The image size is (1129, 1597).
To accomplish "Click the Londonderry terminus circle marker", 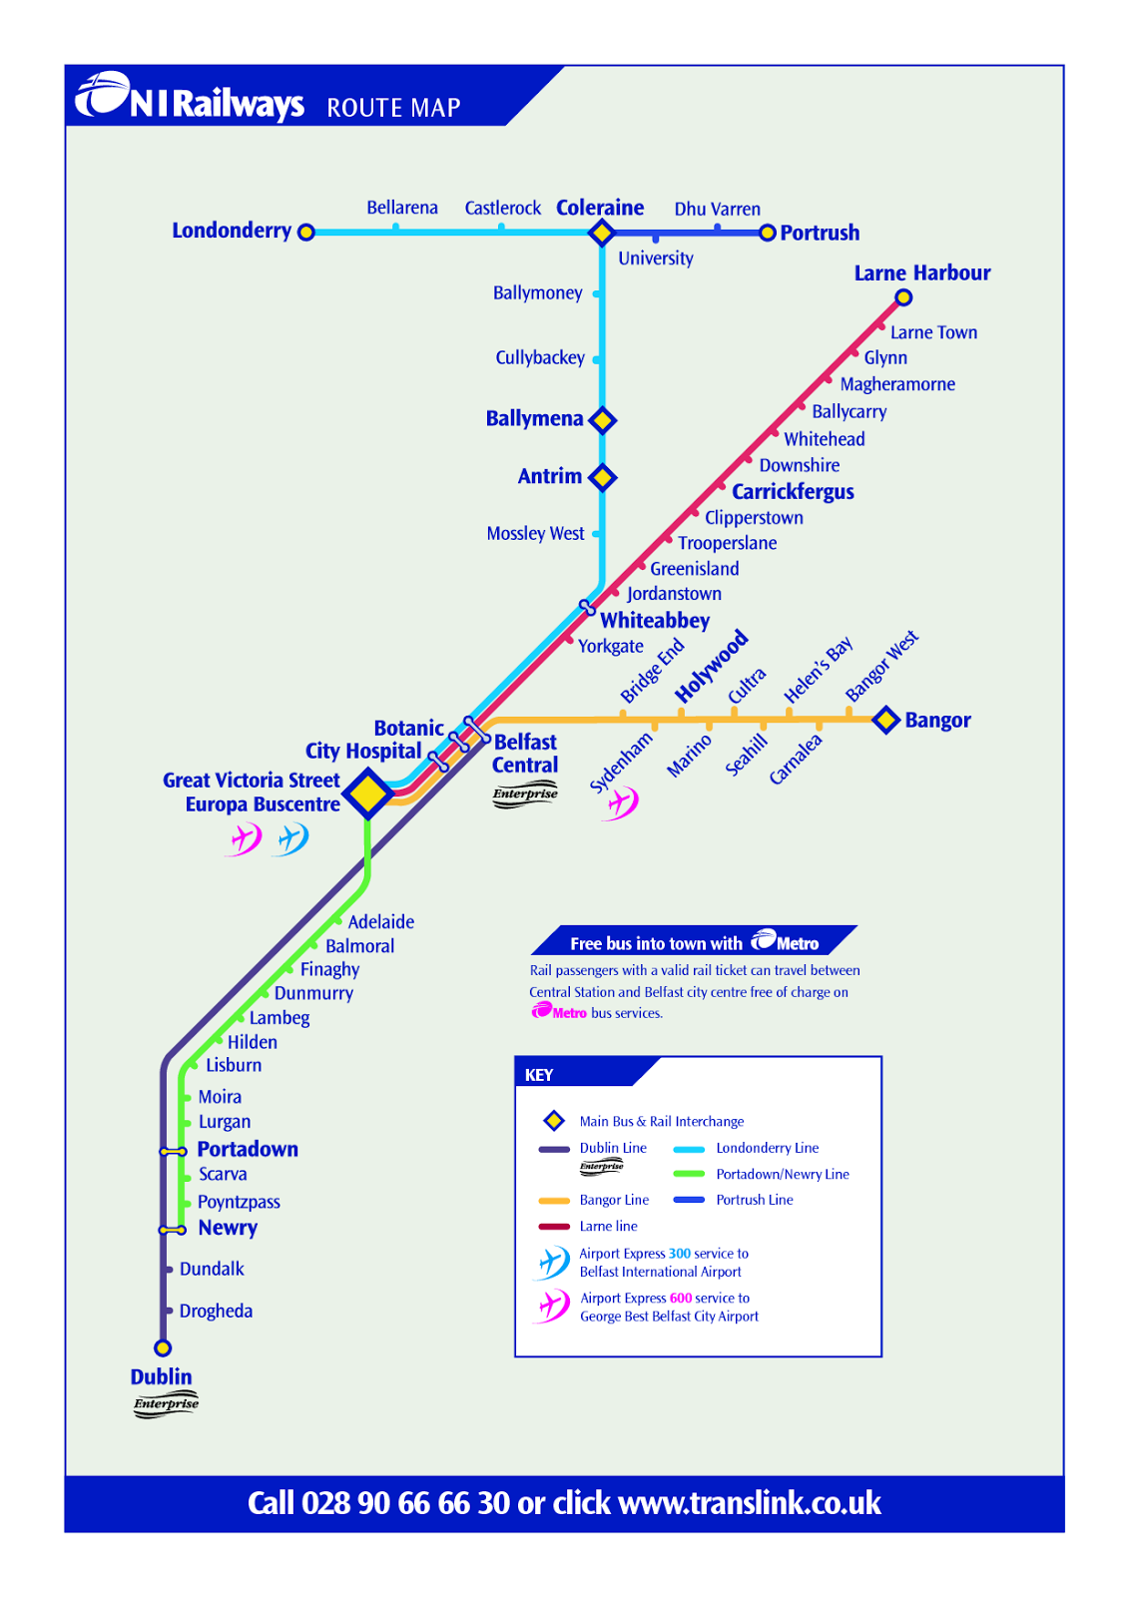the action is click(x=306, y=233).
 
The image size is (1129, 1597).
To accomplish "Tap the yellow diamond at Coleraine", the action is click(x=602, y=233).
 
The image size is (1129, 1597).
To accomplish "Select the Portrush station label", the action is click(x=820, y=234).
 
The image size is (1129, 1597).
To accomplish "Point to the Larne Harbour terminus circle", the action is click(x=903, y=297).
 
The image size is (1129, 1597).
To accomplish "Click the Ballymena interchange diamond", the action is click(x=603, y=420).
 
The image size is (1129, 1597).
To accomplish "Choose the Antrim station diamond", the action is click(x=603, y=478).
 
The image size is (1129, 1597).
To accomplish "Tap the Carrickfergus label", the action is click(x=793, y=492).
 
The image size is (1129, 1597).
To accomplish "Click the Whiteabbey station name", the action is click(x=655, y=621).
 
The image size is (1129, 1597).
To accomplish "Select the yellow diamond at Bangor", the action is click(x=886, y=720).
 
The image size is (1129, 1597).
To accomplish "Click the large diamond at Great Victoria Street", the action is click(x=368, y=794).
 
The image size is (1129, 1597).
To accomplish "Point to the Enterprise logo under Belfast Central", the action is click(x=525, y=795).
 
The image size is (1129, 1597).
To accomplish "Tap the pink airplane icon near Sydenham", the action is click(x=621, y=803).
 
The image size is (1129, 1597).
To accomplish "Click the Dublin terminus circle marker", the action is click(x=163, y=1347).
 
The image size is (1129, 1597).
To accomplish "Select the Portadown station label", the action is click(x=248, y=1149).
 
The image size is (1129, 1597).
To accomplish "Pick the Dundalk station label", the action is click(x=212, y=1269).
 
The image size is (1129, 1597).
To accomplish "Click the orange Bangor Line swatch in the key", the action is click(x=554, y=1201).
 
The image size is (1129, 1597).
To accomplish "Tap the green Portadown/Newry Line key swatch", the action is click(x=689, y=1174).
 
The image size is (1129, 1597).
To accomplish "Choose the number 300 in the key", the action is click(x=680, y=1254).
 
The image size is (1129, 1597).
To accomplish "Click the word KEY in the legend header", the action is click(x=539, y=1075).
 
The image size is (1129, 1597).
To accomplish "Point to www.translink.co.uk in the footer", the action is click(x=750, y=1502).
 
